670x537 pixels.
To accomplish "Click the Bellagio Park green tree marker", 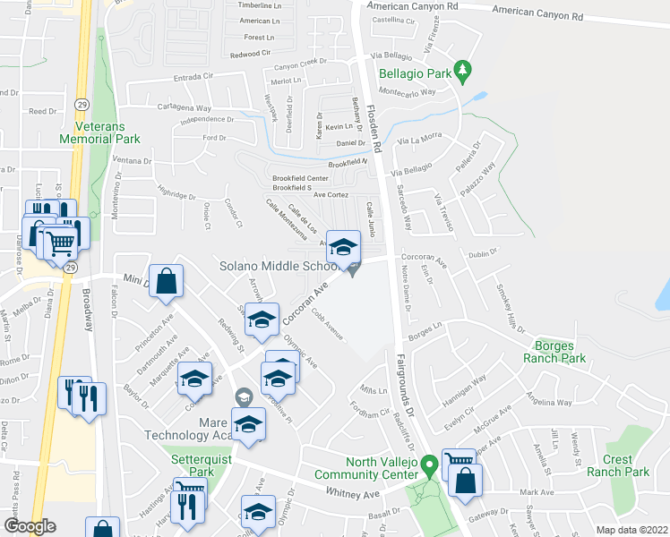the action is coord(462,69).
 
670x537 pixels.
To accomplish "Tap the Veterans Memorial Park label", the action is coord(100,133).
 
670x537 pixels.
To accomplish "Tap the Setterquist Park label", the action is coord(193,465).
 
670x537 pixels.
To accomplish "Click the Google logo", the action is coord(30,526).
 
